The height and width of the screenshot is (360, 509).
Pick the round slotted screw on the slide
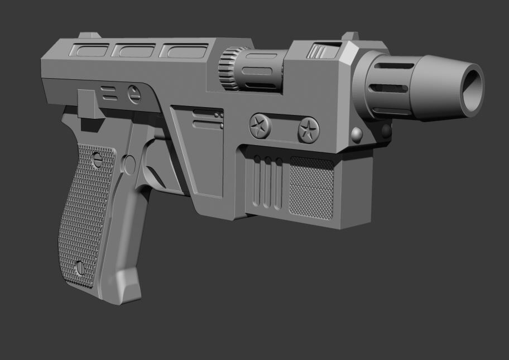pyautogui.click(x=134, y=93)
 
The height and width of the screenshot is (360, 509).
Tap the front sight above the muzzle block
pyautogui.click(x=350, y=38)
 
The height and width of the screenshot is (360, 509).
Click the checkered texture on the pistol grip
pyautogui.click(x=84, y=212)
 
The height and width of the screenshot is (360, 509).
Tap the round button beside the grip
pyautogui.click(x=129, y=164)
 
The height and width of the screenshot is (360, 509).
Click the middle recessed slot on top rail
pyautogui.click(x=132, y=51)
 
